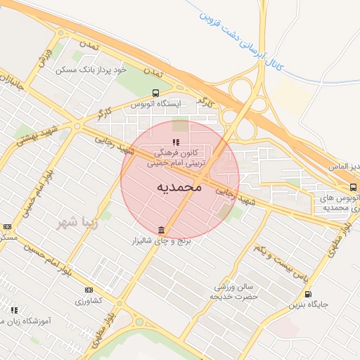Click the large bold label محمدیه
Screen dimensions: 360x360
179,188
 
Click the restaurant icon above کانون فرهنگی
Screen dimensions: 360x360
176,142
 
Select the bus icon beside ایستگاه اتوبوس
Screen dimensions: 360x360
155,93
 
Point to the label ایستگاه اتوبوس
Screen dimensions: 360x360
157,103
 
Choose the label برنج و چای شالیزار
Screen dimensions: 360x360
163,241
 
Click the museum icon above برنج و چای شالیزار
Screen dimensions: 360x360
162,230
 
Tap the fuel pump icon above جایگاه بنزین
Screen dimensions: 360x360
308,295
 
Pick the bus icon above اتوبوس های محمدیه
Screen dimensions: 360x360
353,187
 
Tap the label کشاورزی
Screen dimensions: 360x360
89,300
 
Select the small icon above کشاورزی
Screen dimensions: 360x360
89,290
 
